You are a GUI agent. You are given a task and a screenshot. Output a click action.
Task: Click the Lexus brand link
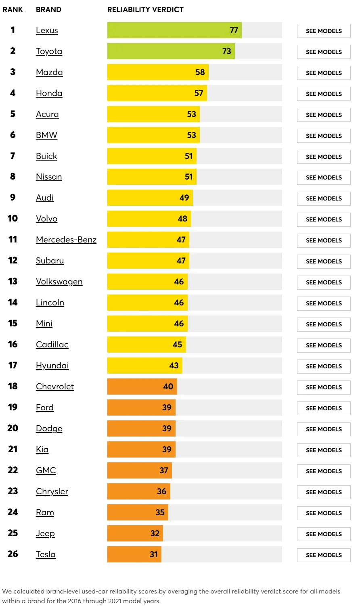coord(47,30)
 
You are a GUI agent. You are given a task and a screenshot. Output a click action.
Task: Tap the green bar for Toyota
coord(171,51)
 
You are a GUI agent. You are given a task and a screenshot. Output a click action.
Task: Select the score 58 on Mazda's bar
coord(200,72)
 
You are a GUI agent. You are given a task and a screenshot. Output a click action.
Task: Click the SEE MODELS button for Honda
coord(324,94)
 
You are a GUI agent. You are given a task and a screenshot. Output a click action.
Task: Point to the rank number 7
coord(13,156)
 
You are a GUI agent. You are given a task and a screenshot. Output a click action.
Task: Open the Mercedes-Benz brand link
coord(66,240)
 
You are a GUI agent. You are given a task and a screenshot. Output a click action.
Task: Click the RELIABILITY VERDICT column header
coord(145,10)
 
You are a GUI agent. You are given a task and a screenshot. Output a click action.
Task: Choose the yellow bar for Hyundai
coord(144,366)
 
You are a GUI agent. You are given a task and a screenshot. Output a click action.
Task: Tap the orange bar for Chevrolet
coord(142,387)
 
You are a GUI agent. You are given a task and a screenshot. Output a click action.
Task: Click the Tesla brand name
coord(46,554)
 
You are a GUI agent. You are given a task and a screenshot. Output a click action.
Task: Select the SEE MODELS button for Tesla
coord(324,555)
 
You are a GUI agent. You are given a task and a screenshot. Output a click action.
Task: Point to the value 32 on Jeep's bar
coord(155,533)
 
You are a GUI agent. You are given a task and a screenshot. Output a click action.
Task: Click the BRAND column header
coord(48,10)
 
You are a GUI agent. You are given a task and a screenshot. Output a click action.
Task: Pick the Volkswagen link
coord(59,282)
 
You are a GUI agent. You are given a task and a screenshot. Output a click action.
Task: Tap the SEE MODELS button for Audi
coord(324,199)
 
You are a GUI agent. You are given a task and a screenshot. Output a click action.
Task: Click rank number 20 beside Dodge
coord(13,428)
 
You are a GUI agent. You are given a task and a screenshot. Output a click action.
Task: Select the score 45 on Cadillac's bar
coord(178,345)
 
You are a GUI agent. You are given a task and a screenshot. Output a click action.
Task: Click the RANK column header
coord(13,10)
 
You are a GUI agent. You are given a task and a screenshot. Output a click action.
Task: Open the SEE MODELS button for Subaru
coord(324,261)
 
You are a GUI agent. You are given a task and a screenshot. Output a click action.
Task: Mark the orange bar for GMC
coord(139,470)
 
